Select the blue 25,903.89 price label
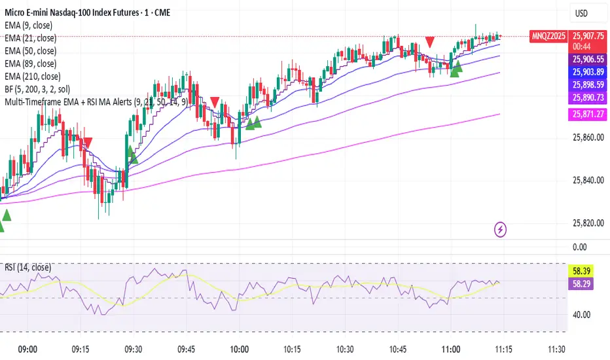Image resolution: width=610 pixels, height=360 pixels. click(x=586, y=71)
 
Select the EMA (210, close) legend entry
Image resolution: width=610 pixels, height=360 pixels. click(x=39, y=77)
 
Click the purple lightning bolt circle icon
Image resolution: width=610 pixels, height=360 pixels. click(x=501, y=229)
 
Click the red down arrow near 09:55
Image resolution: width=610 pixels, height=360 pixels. click(x=215, y=102)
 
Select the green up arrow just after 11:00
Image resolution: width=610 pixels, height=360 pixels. click(x=456, y=66)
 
